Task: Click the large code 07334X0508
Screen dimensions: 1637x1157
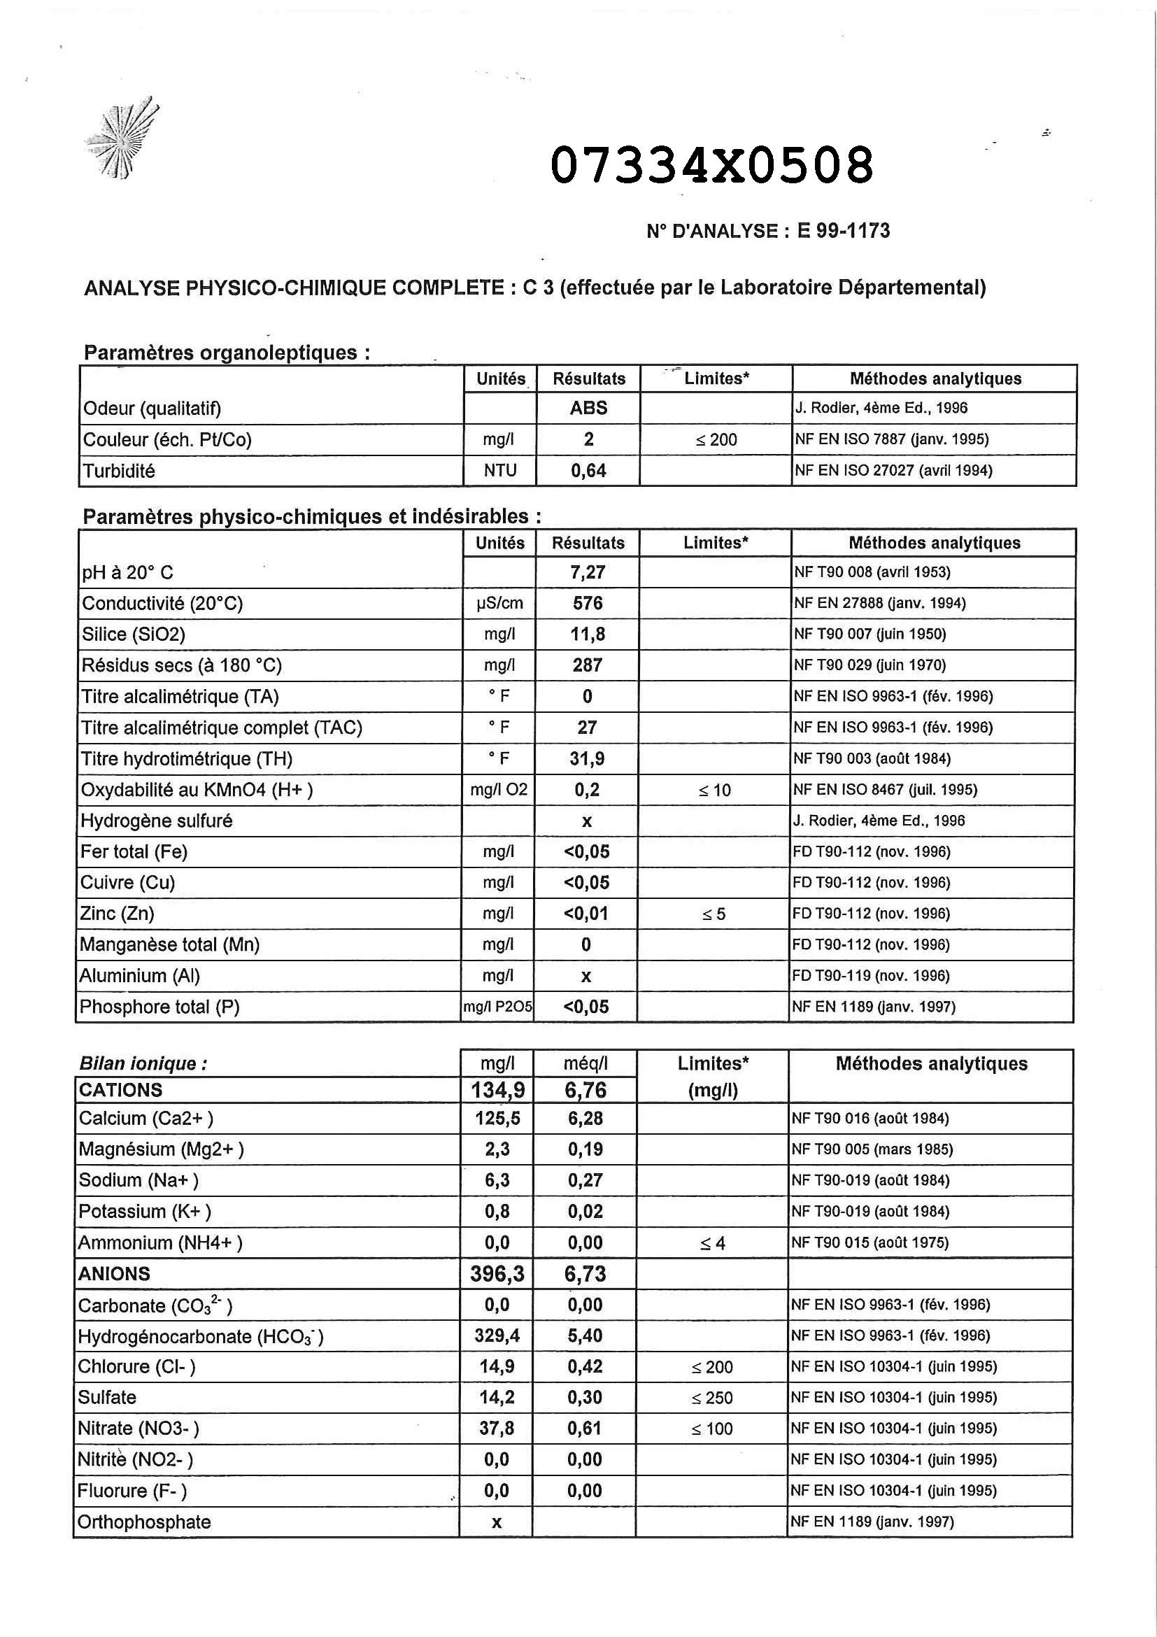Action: pyautogui.click(x=712, y=164)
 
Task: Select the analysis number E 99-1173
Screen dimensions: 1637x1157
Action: pyautogui.click(x=844, y=231)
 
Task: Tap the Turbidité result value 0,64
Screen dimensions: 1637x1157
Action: pyautogui.click(x=588, y=471)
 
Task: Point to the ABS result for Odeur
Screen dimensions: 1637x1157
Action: pyautogui.click(x=588, y=408)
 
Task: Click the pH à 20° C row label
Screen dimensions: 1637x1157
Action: pyautogui.click(x=127, y=572)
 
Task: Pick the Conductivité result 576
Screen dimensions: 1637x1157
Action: pyautogui.click(x=588, y=603)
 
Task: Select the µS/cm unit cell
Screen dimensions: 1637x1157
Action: pyautogui.click(x=499, y=603)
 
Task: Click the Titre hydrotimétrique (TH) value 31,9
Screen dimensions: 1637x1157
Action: pyautogui.click(x=587, y=758)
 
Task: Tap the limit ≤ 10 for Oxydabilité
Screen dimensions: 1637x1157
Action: pyautogui.click(x=714, y=790)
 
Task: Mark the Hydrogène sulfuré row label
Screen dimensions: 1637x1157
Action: pyautogui.click(x=156, y=821)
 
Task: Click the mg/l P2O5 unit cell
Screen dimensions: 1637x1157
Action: pyautogui.click(x=497, y=1007)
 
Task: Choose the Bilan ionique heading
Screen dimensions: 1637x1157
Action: pyautogui.click(x=143, y=1064)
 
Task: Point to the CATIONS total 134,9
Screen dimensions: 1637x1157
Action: pyautogui.click(x=497, y=1089)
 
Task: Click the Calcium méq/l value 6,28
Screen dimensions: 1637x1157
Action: pyautogui.click(x=585, y=1118)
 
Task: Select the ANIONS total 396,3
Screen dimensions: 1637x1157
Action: pyautogui.click(x=497, y=1274)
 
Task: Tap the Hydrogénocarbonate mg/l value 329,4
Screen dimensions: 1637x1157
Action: pyautogui.click(x=497, y=1335)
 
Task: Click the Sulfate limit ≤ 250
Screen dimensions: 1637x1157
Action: pyautogui.click(x=712, y=1398)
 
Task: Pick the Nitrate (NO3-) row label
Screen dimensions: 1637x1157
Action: pyautogui.click(x=139, y=1429)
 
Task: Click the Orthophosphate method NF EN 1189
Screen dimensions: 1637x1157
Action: pyautogui.click(x=871, y=1522)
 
